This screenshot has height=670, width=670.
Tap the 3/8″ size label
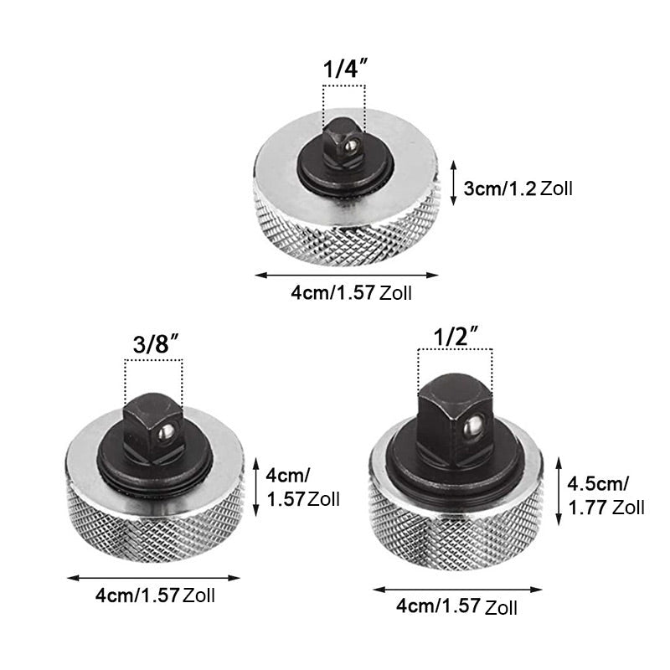(155, 344)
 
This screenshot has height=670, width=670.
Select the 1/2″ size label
(456, 336)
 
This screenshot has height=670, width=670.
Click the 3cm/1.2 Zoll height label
(518, 188)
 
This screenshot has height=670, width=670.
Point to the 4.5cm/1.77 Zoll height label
(606, 496)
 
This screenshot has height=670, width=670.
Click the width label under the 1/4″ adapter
(351, 294)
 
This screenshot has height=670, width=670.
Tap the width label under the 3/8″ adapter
(155, 595)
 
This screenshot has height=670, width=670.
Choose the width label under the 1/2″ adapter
(456, 606)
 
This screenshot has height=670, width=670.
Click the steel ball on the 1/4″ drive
(350, 146)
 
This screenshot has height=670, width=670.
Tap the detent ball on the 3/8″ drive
(165, 432)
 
